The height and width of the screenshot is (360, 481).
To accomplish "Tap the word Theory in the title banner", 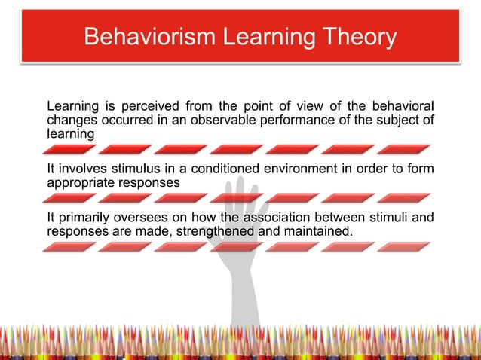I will point(357,37).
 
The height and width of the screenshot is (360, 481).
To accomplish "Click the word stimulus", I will point(121,169).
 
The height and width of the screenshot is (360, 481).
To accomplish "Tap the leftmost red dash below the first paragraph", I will point(69,149).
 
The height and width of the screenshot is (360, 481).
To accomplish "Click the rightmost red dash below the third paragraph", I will point(403,247).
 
